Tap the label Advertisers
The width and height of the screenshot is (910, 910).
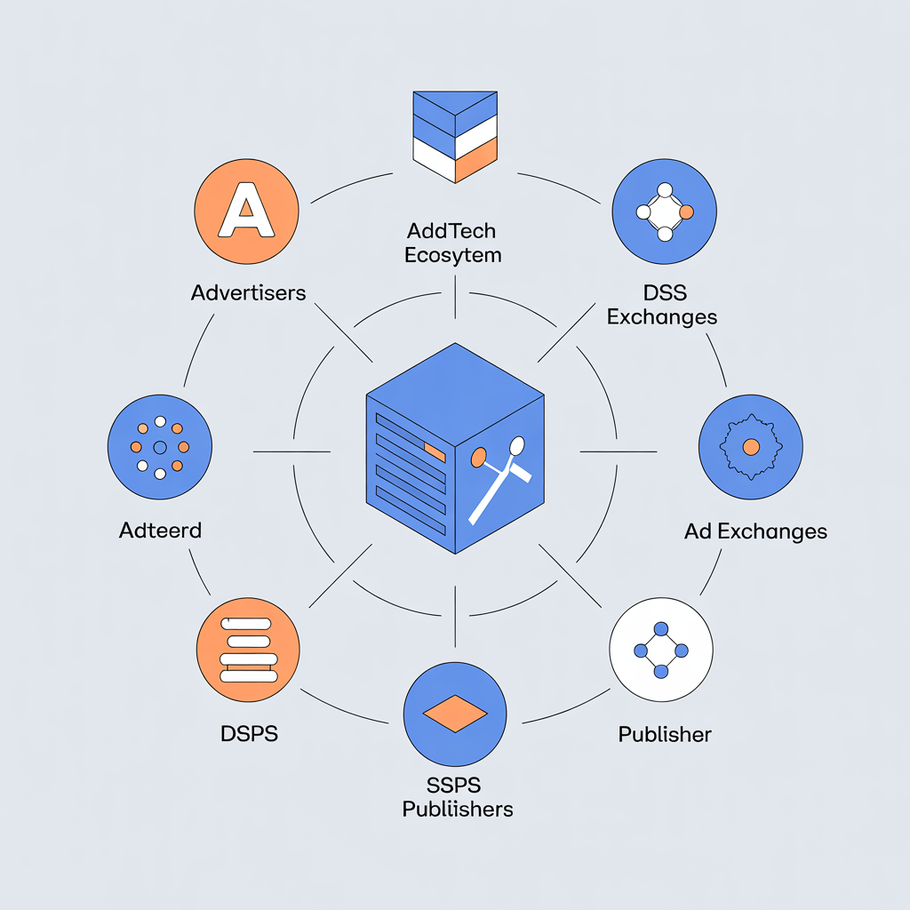click(x=248, y=292)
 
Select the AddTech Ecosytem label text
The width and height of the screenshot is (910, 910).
click(x=451, y=243)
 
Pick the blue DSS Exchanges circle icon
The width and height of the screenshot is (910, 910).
click(x=664, y=212)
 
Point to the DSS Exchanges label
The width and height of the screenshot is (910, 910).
click(x=661, y=304)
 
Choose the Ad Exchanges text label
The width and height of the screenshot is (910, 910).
click(x=755, y=531)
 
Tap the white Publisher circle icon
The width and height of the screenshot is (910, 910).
click(x=661, y=651)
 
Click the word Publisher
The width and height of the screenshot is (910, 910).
click(x=665, y=734)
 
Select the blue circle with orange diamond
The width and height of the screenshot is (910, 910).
click(x=455, y=713)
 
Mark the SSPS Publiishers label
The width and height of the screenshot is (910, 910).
click(x=457, y=797)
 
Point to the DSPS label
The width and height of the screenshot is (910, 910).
click(x=249, y=734)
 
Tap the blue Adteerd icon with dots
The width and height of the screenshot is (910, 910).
click(x=160, y=447)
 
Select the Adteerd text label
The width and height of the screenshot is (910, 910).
click(x=160, y=531)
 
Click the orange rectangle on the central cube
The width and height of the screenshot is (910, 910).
click(x=435, y=451)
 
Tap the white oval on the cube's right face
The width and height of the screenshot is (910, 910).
click(x=516, y=444)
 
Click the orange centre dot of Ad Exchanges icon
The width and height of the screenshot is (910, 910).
click(x=750, y=446)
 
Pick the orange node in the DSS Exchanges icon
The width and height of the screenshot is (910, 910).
click(x=686, y=212)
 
